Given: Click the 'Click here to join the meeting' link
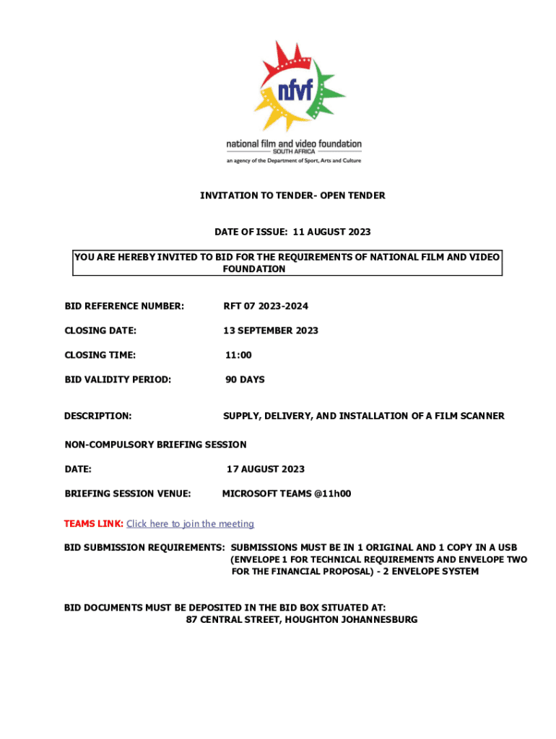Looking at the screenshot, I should [190, 524].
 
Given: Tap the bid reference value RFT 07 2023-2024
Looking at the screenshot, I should [265, 307].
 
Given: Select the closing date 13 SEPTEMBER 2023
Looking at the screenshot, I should [270, 331].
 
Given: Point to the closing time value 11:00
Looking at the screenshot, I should [239, 355].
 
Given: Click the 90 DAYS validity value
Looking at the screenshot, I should [244, 380].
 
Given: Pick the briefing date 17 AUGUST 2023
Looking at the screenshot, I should [265, 469].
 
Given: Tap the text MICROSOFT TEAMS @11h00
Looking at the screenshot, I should [286, 494].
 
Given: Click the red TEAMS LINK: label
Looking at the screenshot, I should [94, 524].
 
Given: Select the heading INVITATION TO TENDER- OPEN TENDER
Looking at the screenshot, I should [292, 196].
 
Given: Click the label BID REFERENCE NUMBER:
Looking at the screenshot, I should [124, 307].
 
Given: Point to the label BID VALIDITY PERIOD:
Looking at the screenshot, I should [118, 380].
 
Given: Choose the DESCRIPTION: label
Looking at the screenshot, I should [98, 416].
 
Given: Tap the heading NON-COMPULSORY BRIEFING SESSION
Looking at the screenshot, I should [155, 445].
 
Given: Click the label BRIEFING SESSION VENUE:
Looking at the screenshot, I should [127, 494].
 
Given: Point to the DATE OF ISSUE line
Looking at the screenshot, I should [292, 232].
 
